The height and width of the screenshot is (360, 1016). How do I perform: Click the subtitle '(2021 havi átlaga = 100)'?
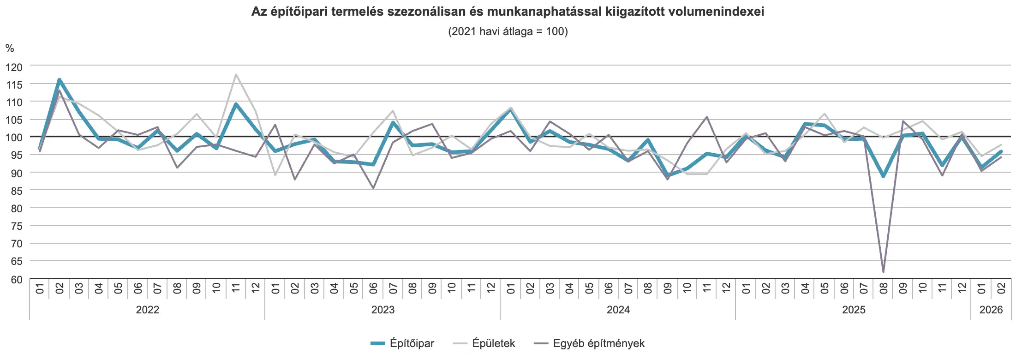pos(508,31)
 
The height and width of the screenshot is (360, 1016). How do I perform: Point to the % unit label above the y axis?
pos(10,48)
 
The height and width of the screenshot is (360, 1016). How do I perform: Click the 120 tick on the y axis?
pos(14,67)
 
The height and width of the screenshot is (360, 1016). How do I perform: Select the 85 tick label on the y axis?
pos(14,191)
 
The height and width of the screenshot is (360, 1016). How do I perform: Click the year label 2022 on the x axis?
pos(147,310)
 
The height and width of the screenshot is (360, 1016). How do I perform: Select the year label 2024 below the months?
pos(618,310)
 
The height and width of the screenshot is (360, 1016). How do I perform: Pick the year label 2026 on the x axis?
pos(991,310)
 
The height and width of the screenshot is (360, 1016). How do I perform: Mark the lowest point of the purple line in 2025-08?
pos(883,272)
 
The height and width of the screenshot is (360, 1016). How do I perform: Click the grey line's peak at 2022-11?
pos(236,74)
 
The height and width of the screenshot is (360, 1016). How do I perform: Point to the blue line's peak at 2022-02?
pos(60,80)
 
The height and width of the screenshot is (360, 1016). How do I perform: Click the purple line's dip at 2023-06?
pos(373,188)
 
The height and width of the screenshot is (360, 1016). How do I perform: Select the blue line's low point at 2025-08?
pos(883,176)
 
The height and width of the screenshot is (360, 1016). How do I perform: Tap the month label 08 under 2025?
pos(883,288)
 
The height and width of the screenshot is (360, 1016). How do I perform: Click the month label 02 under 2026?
pos(1001,288)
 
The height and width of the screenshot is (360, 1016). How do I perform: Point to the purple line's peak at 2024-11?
pos(706,117)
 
